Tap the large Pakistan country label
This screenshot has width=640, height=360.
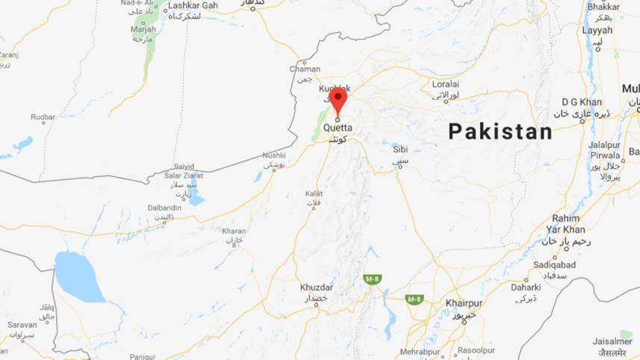pos(500,132)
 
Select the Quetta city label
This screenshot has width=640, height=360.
pos(338,126)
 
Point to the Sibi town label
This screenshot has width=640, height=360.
pos(401,149)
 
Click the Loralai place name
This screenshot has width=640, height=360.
pos(444,84)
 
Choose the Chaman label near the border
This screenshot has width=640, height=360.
pos(305,69)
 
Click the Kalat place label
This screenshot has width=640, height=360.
pos(314,193)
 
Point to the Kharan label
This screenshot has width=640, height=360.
pos(234,231)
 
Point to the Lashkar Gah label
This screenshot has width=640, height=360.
pos(193,5)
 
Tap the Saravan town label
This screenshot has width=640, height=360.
pos(22,325)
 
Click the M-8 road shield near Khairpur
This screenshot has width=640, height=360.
pos(414,300)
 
